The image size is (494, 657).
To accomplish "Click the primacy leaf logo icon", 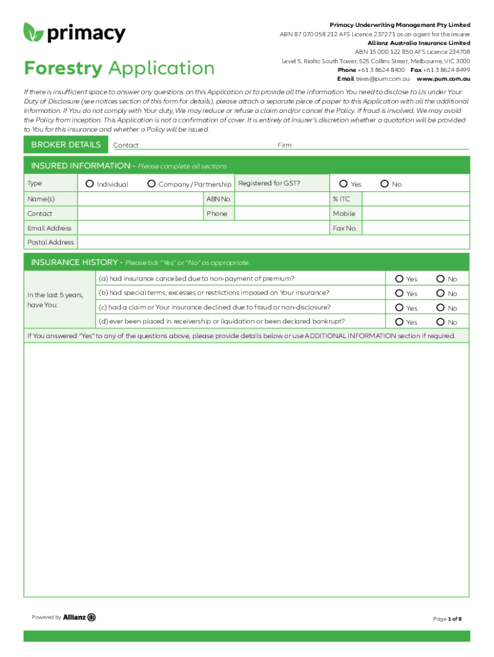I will coord(33,32).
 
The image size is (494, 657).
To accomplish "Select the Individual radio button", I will coord(90,184).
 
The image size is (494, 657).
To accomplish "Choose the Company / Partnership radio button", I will coord(151,184).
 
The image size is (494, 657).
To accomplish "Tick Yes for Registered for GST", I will coord(344,184).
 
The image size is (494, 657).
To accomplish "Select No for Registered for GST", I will coord(384,184).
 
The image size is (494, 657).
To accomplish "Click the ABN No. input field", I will coord(282,199).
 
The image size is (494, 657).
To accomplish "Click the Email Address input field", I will coord(203,228).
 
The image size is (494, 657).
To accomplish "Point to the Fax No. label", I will coord(345,228).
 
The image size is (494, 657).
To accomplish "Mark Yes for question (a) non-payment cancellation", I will coord(399,279).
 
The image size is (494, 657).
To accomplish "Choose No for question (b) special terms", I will coord(441,293).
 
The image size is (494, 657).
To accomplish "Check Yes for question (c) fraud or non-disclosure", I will coord(399,308).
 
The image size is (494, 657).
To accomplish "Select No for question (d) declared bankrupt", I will coord(441,322).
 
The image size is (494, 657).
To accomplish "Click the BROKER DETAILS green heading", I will coord(65,145).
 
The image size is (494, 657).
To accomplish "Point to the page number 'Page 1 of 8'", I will coord(447,619).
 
